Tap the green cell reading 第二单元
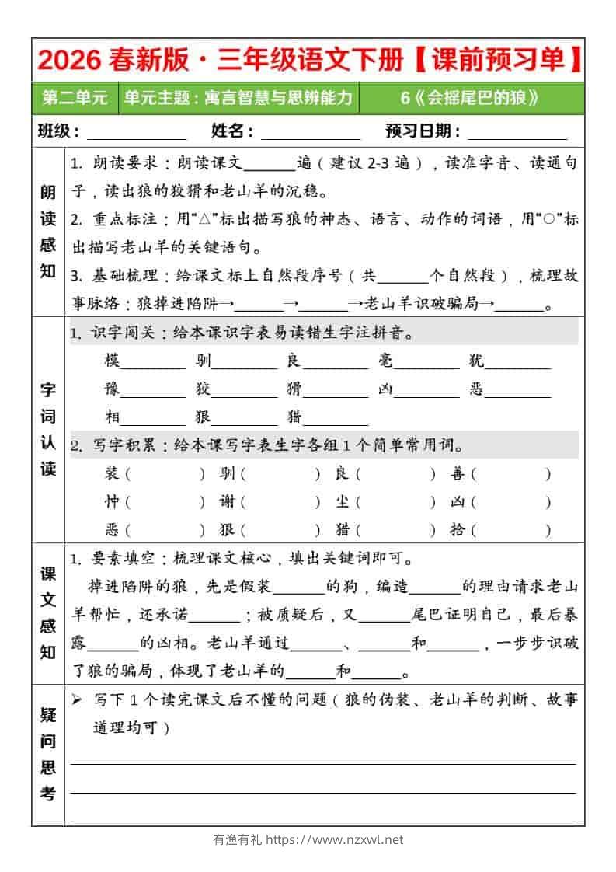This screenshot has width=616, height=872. tap(75, 98)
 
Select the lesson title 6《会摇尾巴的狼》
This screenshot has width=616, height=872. tap(470, 98)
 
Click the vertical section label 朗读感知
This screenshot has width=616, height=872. tap(48, 232)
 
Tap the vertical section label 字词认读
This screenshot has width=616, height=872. tap(48, 429)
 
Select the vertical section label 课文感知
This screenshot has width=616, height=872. tap(48, 613)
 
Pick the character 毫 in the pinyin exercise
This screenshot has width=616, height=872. tap(386, 361)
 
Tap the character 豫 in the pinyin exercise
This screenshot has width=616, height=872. tap(113, 389)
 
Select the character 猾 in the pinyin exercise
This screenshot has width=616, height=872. tap(294, 389)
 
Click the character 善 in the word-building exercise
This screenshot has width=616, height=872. tap(458, 473)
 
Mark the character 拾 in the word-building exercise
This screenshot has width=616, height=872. tap(458, 530)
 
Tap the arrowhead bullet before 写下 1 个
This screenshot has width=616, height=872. tap(77, 699)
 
